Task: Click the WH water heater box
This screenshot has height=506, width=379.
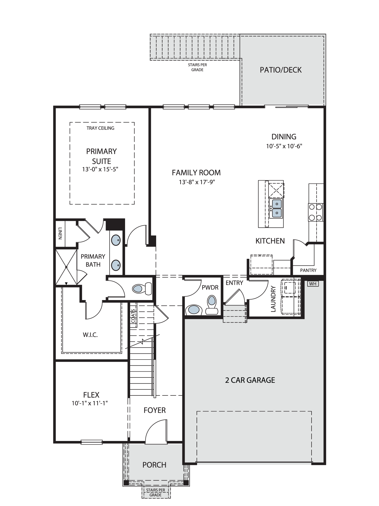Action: pyautogui.click(x=313, y=284)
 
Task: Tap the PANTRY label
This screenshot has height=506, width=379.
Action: pyautogui.click(x=308, y=270)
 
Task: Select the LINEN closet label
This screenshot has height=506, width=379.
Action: pyautogui.click(x=60, y=233)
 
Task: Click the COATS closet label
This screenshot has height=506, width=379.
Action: pyautogui.click(x=133, y=316)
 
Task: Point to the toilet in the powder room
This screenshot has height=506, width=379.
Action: pyautogui.click(x=212, y=305)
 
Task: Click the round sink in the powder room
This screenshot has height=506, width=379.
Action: pyautogui.click(x=194, y=310)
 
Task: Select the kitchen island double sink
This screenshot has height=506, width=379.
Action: pyautogui.click(x=277, y=208)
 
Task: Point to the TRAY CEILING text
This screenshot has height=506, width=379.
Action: pyautogui.click(x=100, y=128)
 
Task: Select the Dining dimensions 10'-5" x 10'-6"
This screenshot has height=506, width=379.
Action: pyautogui.click(x=284, y=146)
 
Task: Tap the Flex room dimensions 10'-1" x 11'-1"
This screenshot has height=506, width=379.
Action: pyautogui.click(x=90, y=403)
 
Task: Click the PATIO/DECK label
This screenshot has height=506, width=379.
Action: pyautogui.click(x=281, y=70)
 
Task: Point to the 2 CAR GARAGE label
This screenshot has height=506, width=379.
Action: pyautogui.click(x=250, y=380)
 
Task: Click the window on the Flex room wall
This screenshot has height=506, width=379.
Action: pyautogui.click(x=92, y=442)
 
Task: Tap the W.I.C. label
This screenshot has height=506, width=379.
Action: pyautogui.click(x=90, y=335)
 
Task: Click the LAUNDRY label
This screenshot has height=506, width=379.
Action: pyautogui.click(x=273, y=299)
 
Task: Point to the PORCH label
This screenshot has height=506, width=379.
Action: pyautogui.click(x=154, y=465)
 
